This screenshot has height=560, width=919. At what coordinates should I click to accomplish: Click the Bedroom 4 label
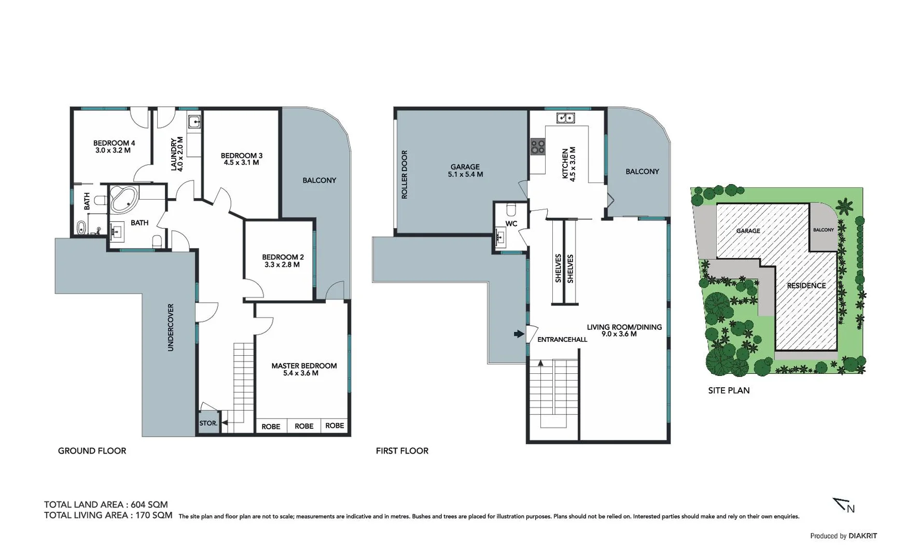click(114, 143)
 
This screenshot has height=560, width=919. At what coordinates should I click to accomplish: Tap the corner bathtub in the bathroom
click(123, 200)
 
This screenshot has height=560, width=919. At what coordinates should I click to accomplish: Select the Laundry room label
click(174, 154)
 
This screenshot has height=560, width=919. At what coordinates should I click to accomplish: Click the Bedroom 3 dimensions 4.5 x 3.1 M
click(241, 163)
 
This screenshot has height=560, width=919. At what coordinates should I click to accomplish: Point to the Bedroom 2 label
click(283, 257)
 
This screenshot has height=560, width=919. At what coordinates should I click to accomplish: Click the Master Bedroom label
click(304, 366)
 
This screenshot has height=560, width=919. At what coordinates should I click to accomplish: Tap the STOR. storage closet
click(208, 423)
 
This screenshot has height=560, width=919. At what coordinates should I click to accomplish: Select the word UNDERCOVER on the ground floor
click(171, 327)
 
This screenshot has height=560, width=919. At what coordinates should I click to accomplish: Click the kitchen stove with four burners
click(538, 147)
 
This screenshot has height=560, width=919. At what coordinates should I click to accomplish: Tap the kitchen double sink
click(565, 118)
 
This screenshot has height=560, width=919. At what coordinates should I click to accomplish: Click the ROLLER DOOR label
click(405, 174)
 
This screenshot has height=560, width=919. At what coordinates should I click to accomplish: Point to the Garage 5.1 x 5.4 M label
click(465, 171)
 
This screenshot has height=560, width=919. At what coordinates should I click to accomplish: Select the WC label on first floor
click(511, 224)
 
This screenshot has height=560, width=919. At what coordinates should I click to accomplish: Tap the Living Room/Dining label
click(624, 327)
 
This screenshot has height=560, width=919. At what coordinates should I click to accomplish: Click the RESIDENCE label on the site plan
click(806, 286)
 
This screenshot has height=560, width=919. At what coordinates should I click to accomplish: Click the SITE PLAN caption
click(729, 390)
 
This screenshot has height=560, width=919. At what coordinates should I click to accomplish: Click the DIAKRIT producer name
click(862, 536)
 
